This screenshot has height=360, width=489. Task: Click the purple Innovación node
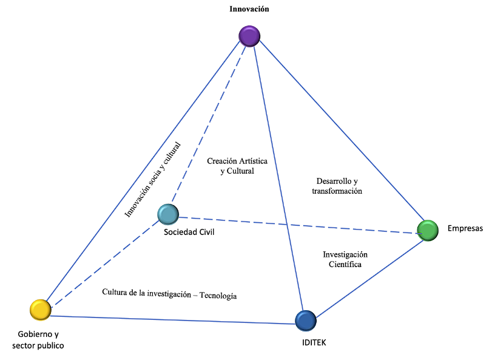249,36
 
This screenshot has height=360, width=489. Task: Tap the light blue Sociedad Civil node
167,214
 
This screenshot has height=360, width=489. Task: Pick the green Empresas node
428,230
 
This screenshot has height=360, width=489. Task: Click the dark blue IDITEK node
305,320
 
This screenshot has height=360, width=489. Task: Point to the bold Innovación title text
249,9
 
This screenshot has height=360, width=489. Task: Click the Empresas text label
465,229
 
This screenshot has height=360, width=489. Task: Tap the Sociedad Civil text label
189,232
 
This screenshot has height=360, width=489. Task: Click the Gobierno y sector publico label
38,340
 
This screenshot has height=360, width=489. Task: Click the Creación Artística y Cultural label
237,166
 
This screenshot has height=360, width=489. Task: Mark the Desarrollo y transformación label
337,186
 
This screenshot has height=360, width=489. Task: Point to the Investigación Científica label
345,259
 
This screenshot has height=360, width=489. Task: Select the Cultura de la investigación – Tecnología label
169,294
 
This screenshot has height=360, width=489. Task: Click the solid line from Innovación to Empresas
340,131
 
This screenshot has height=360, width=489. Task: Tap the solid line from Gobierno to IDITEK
170,320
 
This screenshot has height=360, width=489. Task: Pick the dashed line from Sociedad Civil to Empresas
297,224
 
